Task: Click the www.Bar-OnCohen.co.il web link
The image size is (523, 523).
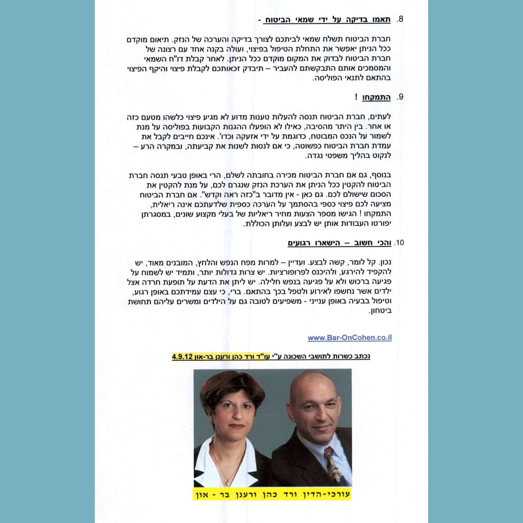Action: point(349,338)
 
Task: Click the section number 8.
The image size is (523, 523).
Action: point(400,19)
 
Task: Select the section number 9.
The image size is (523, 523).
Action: point(400,97)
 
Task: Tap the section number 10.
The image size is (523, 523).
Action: point(399,243)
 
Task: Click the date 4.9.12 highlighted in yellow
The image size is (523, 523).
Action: point(182,356)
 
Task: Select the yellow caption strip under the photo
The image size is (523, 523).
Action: point(272,494)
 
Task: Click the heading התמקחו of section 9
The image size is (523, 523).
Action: point(376,97)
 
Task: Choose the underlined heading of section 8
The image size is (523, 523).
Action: point(327,20)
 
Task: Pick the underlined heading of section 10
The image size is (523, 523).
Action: point(339,243)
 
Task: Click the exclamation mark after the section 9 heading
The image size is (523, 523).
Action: point(356,97)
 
